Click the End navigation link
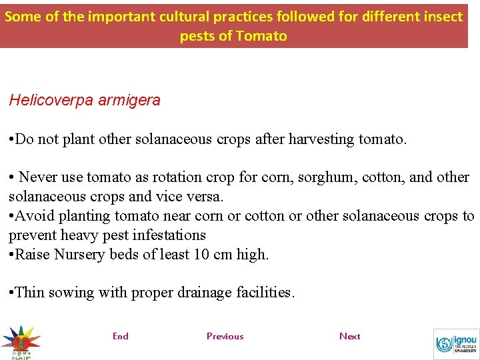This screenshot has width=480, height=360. (x=121, y=336)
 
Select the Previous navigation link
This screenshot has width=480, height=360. (x=225, y=336)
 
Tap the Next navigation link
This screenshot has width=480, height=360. (x=349, y=336)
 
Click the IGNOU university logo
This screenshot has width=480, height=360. (x=456, y=344)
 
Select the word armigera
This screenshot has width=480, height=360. (x=129, y=101)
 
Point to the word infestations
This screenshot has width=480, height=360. (x=172, y=235)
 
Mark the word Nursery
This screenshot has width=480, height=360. (x=78, y=254)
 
